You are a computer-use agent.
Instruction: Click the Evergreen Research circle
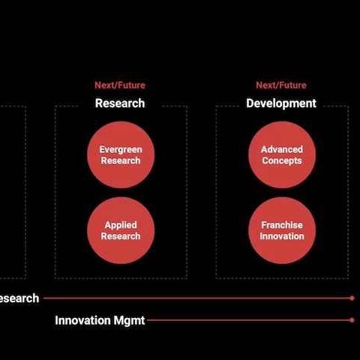pos(121,154)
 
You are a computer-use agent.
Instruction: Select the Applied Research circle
pos(121,230)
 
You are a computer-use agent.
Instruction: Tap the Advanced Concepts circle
pos(282,154)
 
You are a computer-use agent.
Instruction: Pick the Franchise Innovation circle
pos(282,230)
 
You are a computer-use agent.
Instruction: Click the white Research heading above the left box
pos(120,103)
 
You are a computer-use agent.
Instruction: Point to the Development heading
pos(281,103)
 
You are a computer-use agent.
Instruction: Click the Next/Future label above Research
pos(120,85)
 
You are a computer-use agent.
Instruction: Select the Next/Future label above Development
pos(281,85)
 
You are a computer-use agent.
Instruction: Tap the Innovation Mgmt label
pos(100,320)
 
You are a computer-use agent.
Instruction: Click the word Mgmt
pos(129,321)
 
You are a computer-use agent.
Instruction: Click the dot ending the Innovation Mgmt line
pos(352,320)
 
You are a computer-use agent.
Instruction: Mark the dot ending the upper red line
pos(352,298)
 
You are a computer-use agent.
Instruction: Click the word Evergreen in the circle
pos(121,150)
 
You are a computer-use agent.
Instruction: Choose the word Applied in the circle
pos(121,225)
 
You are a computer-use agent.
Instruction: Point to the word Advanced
pos(282,149)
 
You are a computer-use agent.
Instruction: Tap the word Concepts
pos(282,160)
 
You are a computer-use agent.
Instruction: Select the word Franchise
pos(282,225)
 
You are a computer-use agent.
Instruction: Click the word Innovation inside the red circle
pos(282,236)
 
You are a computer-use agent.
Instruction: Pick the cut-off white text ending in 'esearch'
pos(19,298)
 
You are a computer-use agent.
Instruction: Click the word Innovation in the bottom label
pos(82,320)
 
